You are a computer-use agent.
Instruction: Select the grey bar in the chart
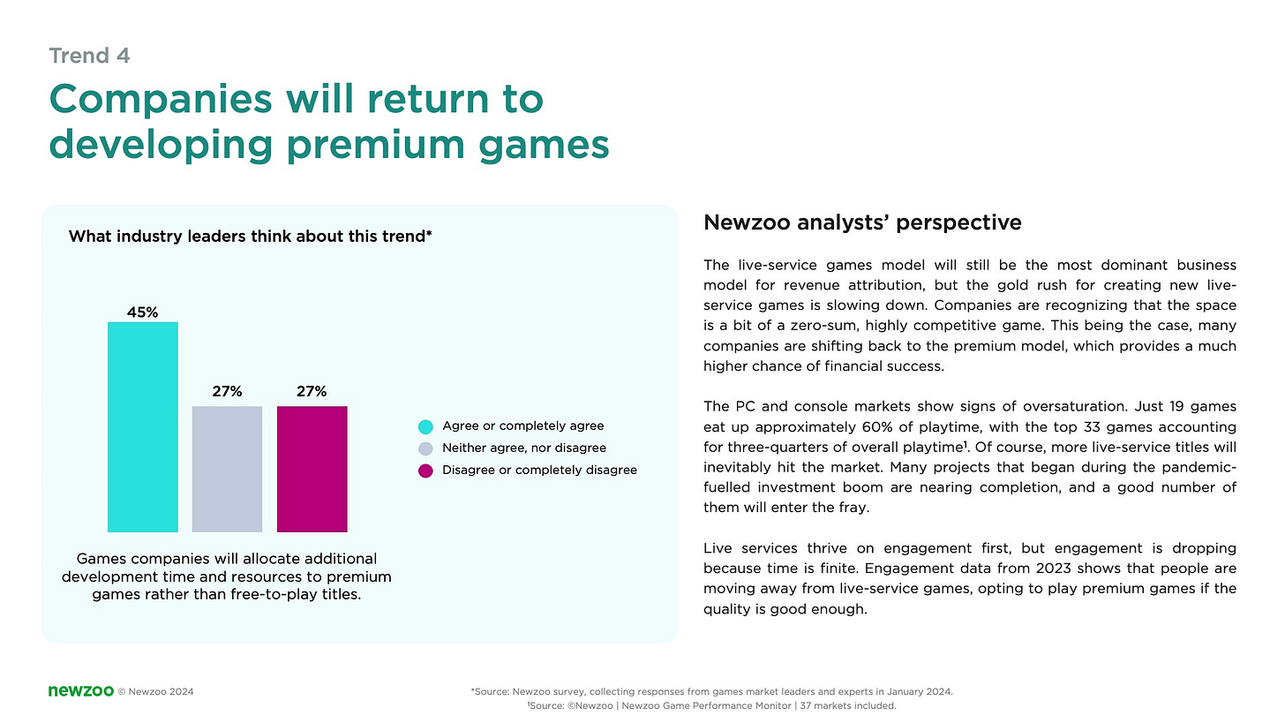click(227, 469)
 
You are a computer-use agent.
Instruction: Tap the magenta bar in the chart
click(312, 469)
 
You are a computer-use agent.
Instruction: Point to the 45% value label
click(142, 313)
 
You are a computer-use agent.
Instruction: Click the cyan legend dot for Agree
click(425, 426)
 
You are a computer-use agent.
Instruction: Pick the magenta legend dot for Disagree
click(425, 471)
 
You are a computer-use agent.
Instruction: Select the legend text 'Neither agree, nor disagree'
click(524, 448)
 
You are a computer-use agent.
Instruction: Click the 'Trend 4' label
click(89, 56)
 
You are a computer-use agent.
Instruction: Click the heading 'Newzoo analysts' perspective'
click(862, 222)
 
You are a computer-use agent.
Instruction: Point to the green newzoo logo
click(80, 690)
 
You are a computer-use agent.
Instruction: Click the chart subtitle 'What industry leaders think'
click(249, 237)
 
